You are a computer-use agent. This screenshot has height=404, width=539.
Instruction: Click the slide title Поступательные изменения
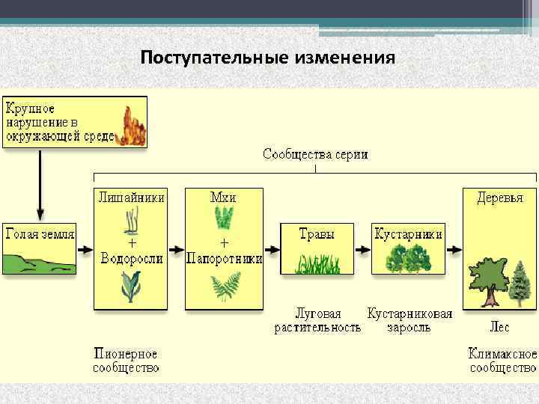pos(267,58)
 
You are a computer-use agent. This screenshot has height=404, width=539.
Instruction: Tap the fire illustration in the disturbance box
pos(133,125)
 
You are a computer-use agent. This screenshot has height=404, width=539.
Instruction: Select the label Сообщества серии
pos(315,155)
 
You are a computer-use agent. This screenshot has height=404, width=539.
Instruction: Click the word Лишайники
pos(131,198)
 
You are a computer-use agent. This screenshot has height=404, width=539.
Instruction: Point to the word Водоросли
pos(131,258)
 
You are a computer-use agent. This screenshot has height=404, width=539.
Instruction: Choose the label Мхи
pos(224,198)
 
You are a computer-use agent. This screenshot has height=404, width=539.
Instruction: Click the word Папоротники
pos(224,259)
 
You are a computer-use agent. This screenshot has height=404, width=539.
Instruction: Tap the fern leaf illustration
pos(224,287)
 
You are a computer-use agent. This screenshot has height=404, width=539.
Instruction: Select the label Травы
pos(317,234)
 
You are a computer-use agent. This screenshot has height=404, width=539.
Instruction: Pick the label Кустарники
pos(408,234)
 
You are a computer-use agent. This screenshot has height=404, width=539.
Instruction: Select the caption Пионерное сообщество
pos(126,360)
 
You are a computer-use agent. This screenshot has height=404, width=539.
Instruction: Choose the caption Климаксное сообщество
pos(502,360)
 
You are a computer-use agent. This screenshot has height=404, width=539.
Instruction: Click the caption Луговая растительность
pos(317,320)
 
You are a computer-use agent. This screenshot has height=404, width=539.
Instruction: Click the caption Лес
pos(500,327)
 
